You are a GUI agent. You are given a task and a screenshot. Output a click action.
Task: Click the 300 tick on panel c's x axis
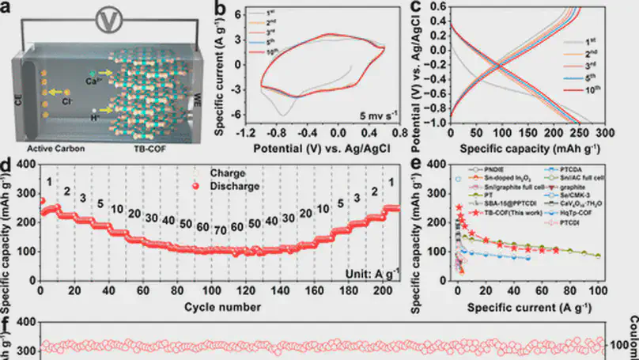(x=606, y=135)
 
